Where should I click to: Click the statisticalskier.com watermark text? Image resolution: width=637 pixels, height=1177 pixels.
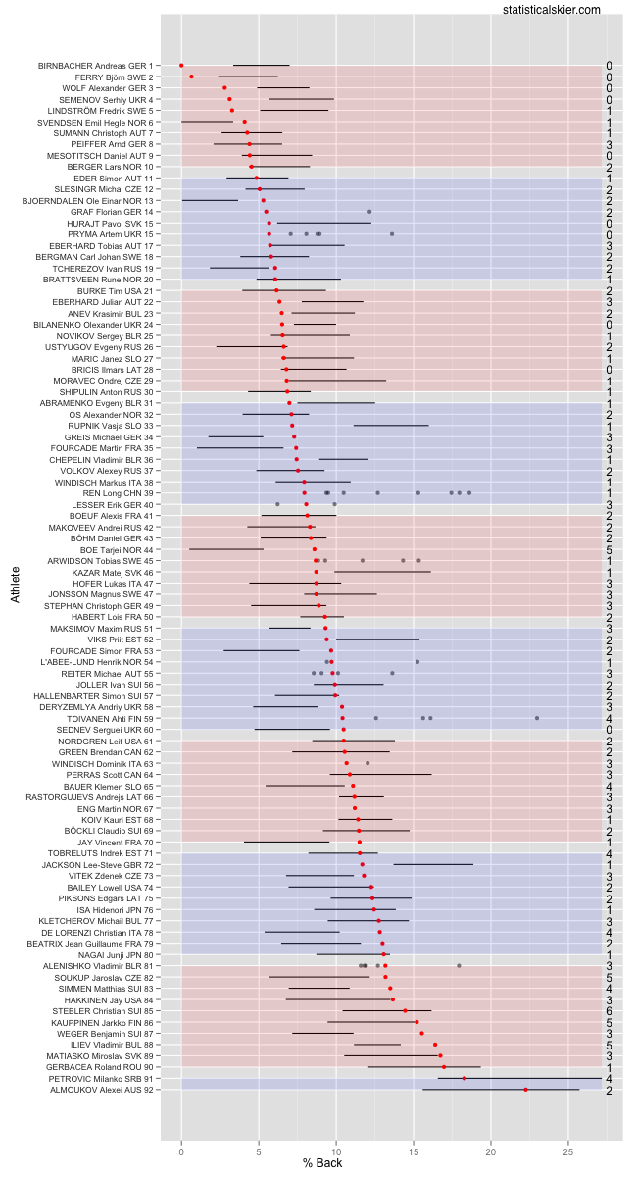coord(551,10)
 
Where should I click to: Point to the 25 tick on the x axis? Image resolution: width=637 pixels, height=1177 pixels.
coord(568,1137)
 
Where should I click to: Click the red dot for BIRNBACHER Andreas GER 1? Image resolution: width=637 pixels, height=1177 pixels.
coord(181,66)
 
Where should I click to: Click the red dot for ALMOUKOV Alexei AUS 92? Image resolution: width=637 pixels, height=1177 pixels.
coord(525,1090)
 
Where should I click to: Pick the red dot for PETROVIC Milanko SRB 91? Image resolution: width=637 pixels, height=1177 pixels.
coord(465,1078)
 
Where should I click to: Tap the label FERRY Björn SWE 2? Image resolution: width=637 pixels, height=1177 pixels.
coord(114,77)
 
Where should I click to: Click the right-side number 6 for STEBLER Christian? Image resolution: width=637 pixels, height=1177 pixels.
coord(609,1010)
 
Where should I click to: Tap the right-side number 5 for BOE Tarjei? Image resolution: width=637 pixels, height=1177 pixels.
coord(609,549)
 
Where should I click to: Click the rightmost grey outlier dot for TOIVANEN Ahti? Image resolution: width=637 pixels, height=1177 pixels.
coord(537,718)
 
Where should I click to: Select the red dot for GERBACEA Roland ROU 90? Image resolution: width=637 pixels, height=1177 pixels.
coord(444,1067)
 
